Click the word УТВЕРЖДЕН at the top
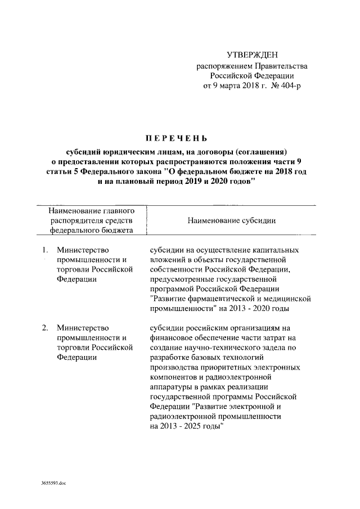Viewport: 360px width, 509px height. (251, 55)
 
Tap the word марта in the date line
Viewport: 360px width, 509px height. (229, 87)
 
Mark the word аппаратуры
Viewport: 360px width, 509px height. (174, 388)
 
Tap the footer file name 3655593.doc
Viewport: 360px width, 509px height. (53, 483)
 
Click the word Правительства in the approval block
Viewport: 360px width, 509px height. (279, 66)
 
